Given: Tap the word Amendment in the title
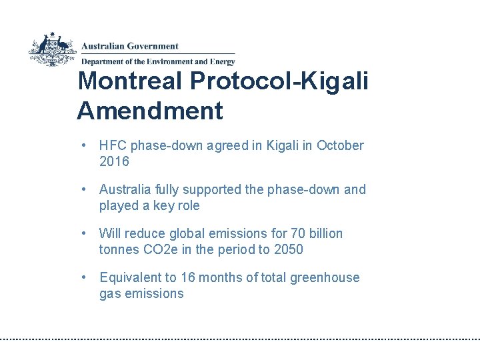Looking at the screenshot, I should (150, 111).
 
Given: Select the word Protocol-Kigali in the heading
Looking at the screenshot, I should (279, 81).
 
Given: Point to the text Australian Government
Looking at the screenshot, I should (130, 47).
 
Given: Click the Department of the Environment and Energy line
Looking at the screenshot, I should (158, 62).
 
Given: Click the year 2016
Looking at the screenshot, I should (114, 161).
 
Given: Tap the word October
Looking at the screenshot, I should (340, 145).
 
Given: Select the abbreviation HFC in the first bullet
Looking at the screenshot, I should (113, 145).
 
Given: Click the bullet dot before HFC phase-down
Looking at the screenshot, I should (84, 145).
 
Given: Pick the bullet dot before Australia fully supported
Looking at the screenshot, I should (84, 189).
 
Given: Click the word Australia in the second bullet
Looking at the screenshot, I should (123, 189).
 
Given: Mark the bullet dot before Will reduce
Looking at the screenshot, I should (84, 233).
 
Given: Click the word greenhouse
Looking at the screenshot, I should (325, 277).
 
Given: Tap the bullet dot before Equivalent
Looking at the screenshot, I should (84, 277).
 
